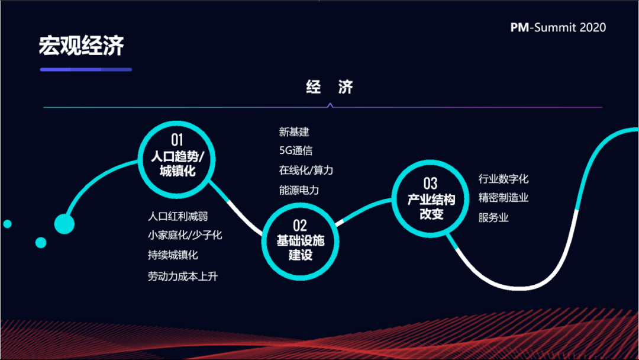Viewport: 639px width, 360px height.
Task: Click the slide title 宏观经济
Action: [x=81, y=45]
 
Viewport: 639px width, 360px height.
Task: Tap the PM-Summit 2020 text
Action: [x=558, y=27]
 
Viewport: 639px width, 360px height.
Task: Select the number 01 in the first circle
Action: [x=177, y=140]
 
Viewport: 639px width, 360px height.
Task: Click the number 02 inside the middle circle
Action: [x=300, y=226]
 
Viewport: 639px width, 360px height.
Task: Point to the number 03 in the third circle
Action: [x=430, y=184]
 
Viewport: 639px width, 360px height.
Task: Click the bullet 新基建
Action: [x=294, y=131]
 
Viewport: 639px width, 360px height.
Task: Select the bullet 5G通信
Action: [x=296, y=150]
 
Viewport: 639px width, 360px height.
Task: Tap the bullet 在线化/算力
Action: [x=306, y=170]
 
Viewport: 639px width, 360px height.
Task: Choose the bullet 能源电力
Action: [x=299, y=190]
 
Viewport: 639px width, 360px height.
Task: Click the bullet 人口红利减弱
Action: [x=177, y=216]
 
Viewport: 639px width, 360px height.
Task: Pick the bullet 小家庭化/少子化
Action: [x=185, y=235]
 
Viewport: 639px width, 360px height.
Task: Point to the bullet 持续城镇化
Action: [x=173, y=255]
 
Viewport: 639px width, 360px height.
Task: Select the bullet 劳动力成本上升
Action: [x=183, y=277]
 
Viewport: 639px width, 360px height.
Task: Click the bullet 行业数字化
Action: [x=504, y=179]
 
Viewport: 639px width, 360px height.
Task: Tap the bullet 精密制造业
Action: [x=504, y=198]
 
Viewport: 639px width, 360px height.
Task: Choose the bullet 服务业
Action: [x=493, y=217]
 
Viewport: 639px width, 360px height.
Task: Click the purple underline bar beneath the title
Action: [x=86, y=70]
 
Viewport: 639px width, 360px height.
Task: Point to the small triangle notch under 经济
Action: [x=330, y=105]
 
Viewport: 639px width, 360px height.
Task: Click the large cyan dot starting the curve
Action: [x=64, y=224]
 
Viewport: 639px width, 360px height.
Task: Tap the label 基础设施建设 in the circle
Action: [x=301, y=247]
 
